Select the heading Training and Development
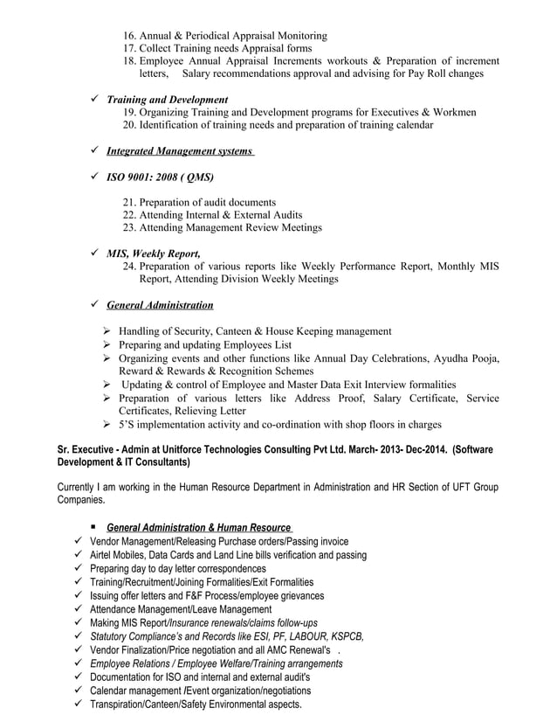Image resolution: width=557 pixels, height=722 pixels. point(167,100)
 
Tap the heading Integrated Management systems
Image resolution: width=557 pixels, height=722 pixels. point(179,151)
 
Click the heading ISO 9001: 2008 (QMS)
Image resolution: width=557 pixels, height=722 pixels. point(160,177)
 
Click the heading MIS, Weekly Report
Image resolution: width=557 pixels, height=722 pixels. point(153,253)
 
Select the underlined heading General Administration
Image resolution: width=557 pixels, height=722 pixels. point(160,305)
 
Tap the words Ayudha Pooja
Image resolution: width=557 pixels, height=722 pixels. point(471,358)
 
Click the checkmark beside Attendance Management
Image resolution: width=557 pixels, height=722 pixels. point(79,609)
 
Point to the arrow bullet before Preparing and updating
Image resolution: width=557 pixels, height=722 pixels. point(107,345)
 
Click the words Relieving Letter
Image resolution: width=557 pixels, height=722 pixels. point(210,411)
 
